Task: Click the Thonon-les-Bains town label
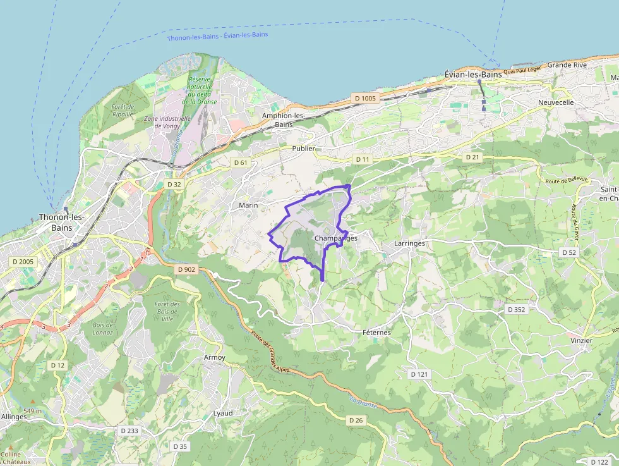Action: click(x=62, y=222)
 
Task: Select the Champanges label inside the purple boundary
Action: click(x=335, y=238)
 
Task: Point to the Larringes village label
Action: click(x=409, y=243)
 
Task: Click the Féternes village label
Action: click(x=377, y=333)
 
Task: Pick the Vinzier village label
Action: click(x=581, y=340)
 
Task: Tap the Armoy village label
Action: click(x=214, y=358)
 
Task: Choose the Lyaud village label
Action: click(x=223, y=413)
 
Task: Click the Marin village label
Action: click(x=248, y=205)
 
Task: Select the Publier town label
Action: click(x=304, y=148)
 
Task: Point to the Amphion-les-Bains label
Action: click(x=284, y=120)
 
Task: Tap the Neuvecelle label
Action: click(x=556, y=102)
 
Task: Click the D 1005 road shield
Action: click(x=365, y=98)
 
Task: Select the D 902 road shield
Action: click(x=187, y=269)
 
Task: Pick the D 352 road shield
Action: click(x=516, y=309)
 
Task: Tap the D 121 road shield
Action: click(x=419, y=374)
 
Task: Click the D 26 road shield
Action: click(x=356, y=420)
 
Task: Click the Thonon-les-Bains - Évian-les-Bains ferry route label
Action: click(x=217, y=36)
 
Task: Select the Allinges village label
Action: click(x=14, y=417)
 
